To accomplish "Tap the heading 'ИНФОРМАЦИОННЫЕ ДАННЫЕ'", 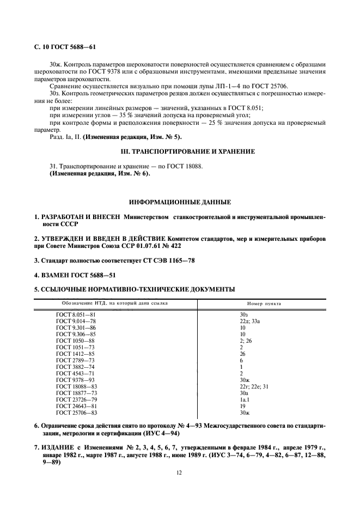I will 180,202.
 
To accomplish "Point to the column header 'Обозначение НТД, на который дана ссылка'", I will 114,303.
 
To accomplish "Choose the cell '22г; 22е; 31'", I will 254,386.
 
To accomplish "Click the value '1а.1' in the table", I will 245,399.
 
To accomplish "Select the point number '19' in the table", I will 243,406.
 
